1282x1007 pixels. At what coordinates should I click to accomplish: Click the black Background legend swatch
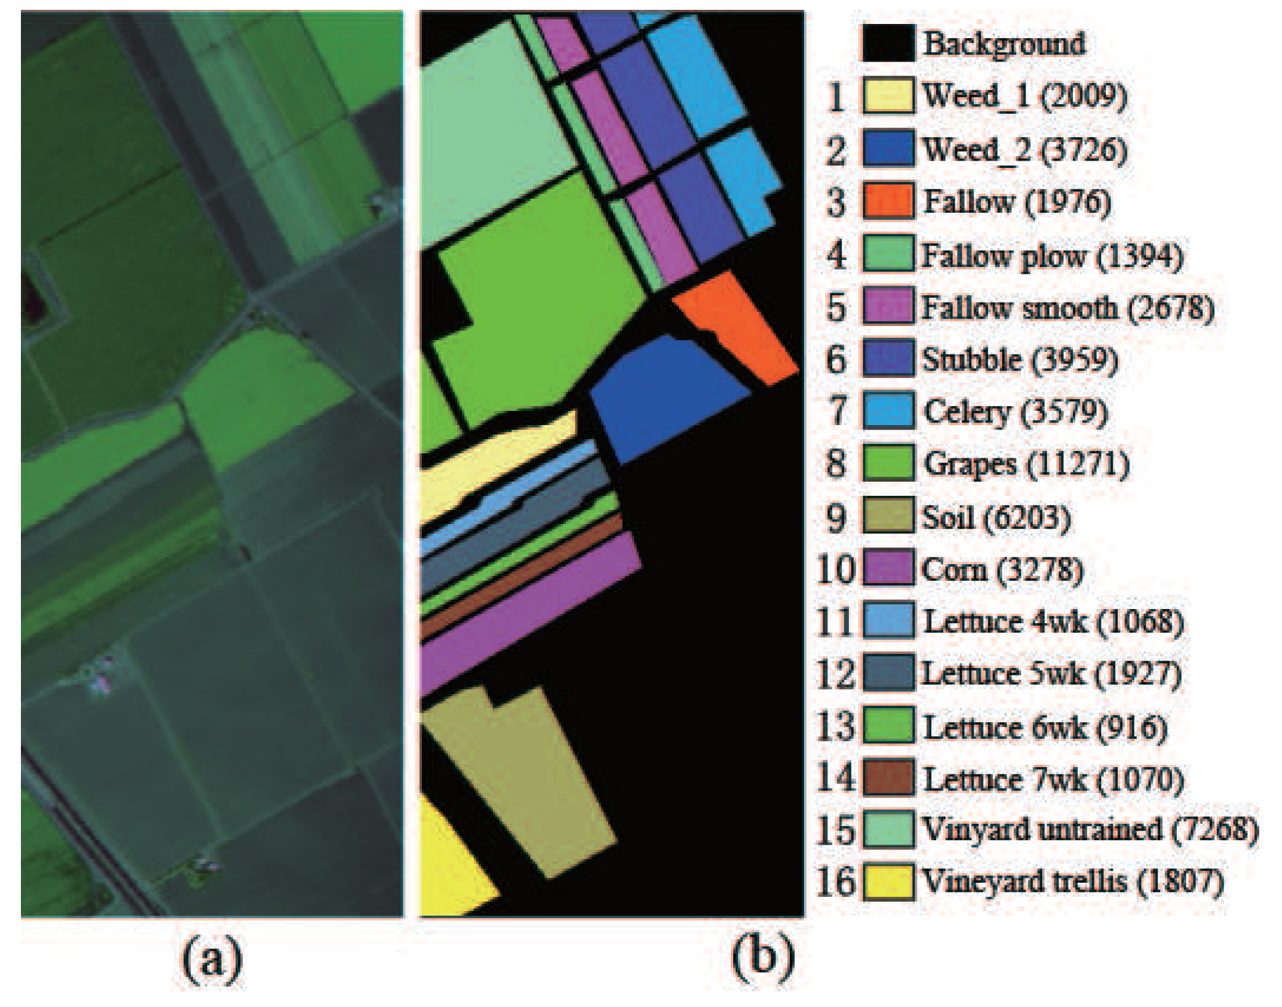(x=888, y=43)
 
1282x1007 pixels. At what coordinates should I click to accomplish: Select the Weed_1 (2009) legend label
(x=1025, y=96)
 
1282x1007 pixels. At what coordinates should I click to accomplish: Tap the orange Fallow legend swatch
(x=888, y=201)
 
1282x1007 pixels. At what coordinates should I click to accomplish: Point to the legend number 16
(x=835, y=882)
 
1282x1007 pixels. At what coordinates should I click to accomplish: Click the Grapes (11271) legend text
(x=1026, y=463)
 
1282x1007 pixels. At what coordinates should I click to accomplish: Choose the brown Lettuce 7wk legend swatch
(x=888, y=778)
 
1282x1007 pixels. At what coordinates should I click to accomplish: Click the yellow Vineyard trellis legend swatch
(x=888, y=882)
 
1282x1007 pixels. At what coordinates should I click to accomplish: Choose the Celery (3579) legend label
(x=1015, y=412)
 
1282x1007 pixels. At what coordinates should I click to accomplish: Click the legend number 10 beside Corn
(x=835, y=569)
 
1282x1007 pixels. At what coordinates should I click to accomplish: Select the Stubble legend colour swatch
(x=888, y=359)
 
